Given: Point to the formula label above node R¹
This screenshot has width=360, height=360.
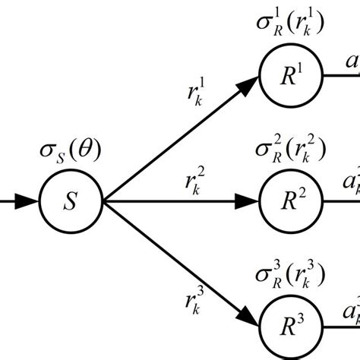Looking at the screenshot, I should pyautogui.click(x=292, y=25).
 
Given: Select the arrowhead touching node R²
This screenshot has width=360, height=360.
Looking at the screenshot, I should pyautogui.click(x=248, y=201).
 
